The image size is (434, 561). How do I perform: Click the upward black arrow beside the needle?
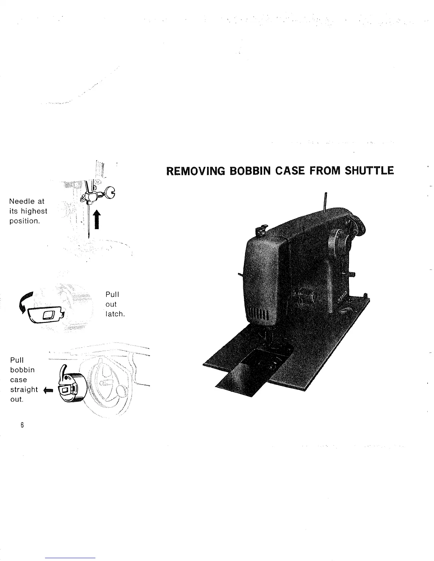[x=95, y=219]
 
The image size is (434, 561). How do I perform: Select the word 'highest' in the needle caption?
[x=34, y=211]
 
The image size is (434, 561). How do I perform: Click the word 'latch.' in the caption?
[x=115, y=314]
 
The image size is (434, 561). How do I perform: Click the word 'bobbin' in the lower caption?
[x=22, y=370]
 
